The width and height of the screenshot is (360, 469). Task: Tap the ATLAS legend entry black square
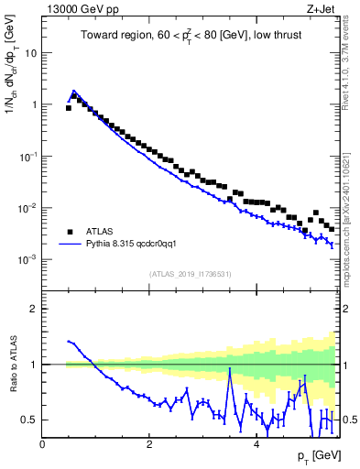[69, 232]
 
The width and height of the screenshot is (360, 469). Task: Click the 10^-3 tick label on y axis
[27, 260]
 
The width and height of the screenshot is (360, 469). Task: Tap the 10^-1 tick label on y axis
[27, 157]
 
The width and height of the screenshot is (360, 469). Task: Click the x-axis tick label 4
[256, 444]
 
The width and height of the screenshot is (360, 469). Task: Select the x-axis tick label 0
[43, 444]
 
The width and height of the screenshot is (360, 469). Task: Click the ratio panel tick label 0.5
[28, 420]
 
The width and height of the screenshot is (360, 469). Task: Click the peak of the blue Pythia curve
[73, 92]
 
